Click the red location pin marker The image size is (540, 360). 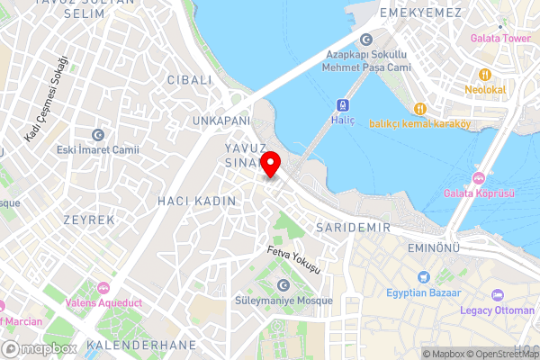pyautogui.click(x=272, y=166)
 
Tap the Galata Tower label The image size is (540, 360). pyautogui.click(x=499, y=39)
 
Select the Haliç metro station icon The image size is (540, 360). pyautogui.click(x=343, y=104)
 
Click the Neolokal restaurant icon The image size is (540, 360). pyautogui.click(x=484, y=75)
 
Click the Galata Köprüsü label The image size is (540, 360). pyautogui.click(x=479, y=193)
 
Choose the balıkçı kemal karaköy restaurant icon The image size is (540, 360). pyautogui.click(x=419, y=109)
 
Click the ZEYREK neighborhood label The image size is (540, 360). pyautogui.click(x=89, y=220)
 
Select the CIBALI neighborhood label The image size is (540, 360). pyautogui.click(x=189, y=80)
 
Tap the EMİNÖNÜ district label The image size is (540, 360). pyautogui.click(x=434, y=247)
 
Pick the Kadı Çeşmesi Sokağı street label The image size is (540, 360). pyautogui.click(x=47, y=100)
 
